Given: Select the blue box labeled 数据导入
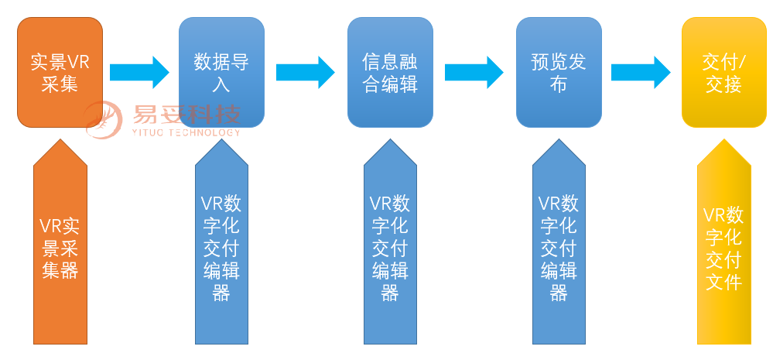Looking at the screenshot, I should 221,72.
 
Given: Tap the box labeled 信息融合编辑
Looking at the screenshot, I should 390,72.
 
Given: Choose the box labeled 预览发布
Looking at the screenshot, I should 559,72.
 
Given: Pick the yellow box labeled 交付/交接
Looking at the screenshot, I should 723,72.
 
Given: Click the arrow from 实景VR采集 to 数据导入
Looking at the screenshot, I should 139,72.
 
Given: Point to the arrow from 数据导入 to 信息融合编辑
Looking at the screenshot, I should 305,72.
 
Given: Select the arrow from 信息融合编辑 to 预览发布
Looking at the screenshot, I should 474,72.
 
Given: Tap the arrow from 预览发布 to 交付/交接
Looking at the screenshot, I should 640,72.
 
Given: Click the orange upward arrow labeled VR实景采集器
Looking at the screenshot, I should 60,248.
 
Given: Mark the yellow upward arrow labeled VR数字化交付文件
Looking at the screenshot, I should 723,248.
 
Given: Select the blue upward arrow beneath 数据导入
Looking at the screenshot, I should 221,248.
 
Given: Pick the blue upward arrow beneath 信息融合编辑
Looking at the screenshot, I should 390,248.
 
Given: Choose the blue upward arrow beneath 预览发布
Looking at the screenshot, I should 559,248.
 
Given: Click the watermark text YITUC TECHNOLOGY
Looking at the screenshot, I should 186,132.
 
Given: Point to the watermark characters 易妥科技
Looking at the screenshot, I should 186,115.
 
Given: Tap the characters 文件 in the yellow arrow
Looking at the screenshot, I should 723,281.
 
